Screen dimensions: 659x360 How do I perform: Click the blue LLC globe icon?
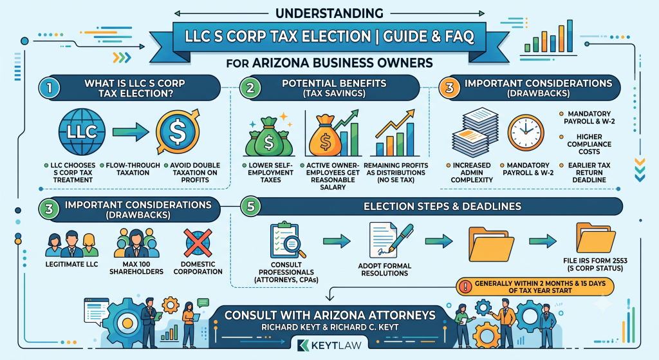(82, 132)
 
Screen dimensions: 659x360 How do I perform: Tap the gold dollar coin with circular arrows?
(178, 132)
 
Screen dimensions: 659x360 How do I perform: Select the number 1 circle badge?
(49, 88)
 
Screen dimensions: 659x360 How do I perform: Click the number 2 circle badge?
(250, 88)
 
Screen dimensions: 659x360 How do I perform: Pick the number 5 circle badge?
(251, 207)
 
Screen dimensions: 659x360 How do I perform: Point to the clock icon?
(526, 133)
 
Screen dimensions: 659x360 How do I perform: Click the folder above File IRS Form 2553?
(595, 238)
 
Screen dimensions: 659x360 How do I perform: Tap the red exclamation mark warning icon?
(465, 287)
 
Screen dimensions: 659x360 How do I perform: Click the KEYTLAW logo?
(329, 345)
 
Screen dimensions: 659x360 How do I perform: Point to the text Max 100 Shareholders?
(136, 268)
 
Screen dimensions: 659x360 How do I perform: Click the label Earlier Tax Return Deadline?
(589, 173)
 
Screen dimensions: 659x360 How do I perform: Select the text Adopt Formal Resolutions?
(385, 270)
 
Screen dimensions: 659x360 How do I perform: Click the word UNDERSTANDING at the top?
(329, 13)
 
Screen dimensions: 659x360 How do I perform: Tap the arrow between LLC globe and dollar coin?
(131, 132)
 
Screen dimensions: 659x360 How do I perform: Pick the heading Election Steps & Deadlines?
(442, 207)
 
